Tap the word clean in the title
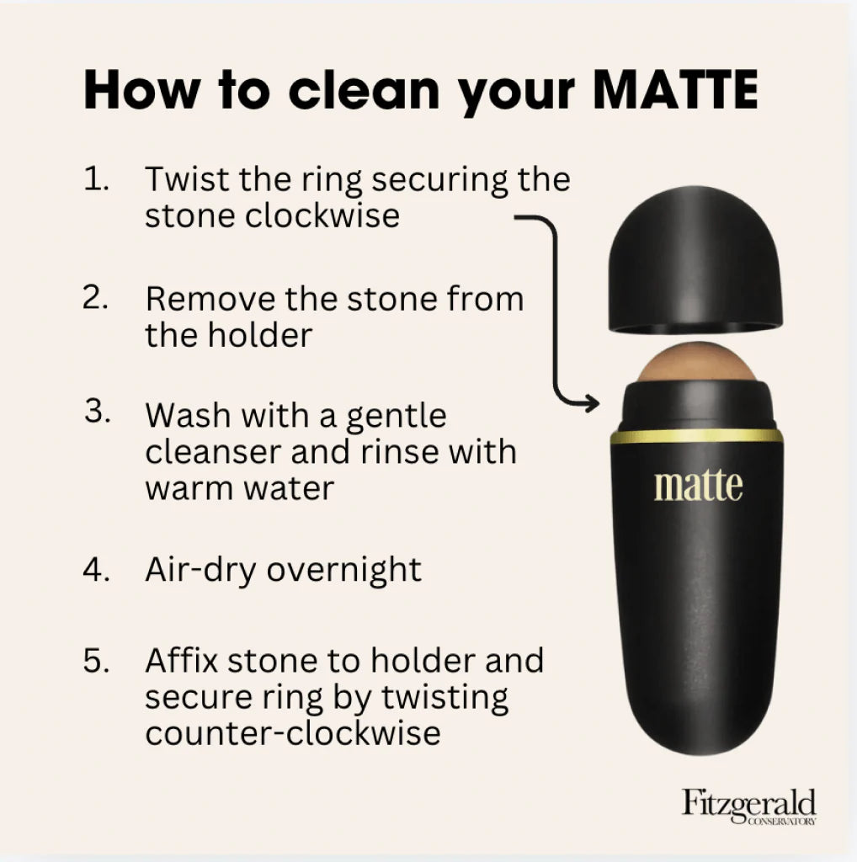point(364,89)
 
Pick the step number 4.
point(96,568)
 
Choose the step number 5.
point(96,660)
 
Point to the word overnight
point(344,570)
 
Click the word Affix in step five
point(182,660)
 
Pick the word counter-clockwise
point(293,733)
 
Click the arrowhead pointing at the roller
point(592,403)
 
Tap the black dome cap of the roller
point(695,259)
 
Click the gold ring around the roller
point(696,437)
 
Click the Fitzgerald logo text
point(748,804)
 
